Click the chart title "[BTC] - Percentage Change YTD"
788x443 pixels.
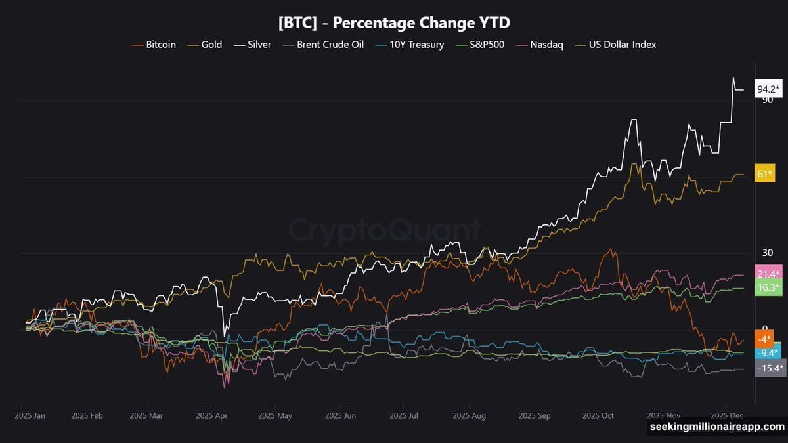click(x=394, y=22)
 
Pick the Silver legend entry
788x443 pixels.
click(x=253, y=45)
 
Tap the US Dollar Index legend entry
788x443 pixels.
click(x=615, y=45)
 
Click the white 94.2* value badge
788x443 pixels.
click(x=768, y=89)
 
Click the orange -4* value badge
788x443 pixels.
click(x=764, y=339)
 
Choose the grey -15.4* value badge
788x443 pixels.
click(x=768, y=368)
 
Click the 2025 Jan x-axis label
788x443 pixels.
click(x=30, y=415)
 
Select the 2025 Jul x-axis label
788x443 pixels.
click(x=403, y=415)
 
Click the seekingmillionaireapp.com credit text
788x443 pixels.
click(x=716, y=427)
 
